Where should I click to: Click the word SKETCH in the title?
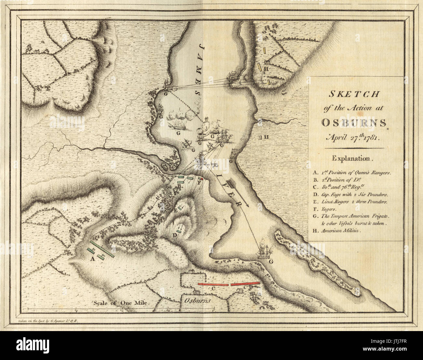point(354,94)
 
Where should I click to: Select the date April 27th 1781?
point(354,137)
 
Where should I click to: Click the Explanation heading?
point(351,159)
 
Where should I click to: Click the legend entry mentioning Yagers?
point(327,209)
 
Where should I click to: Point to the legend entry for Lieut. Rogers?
point(350,202)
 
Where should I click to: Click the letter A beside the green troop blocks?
point(92,259)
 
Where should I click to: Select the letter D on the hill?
point(175,235)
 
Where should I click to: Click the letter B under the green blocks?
point(179,186)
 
